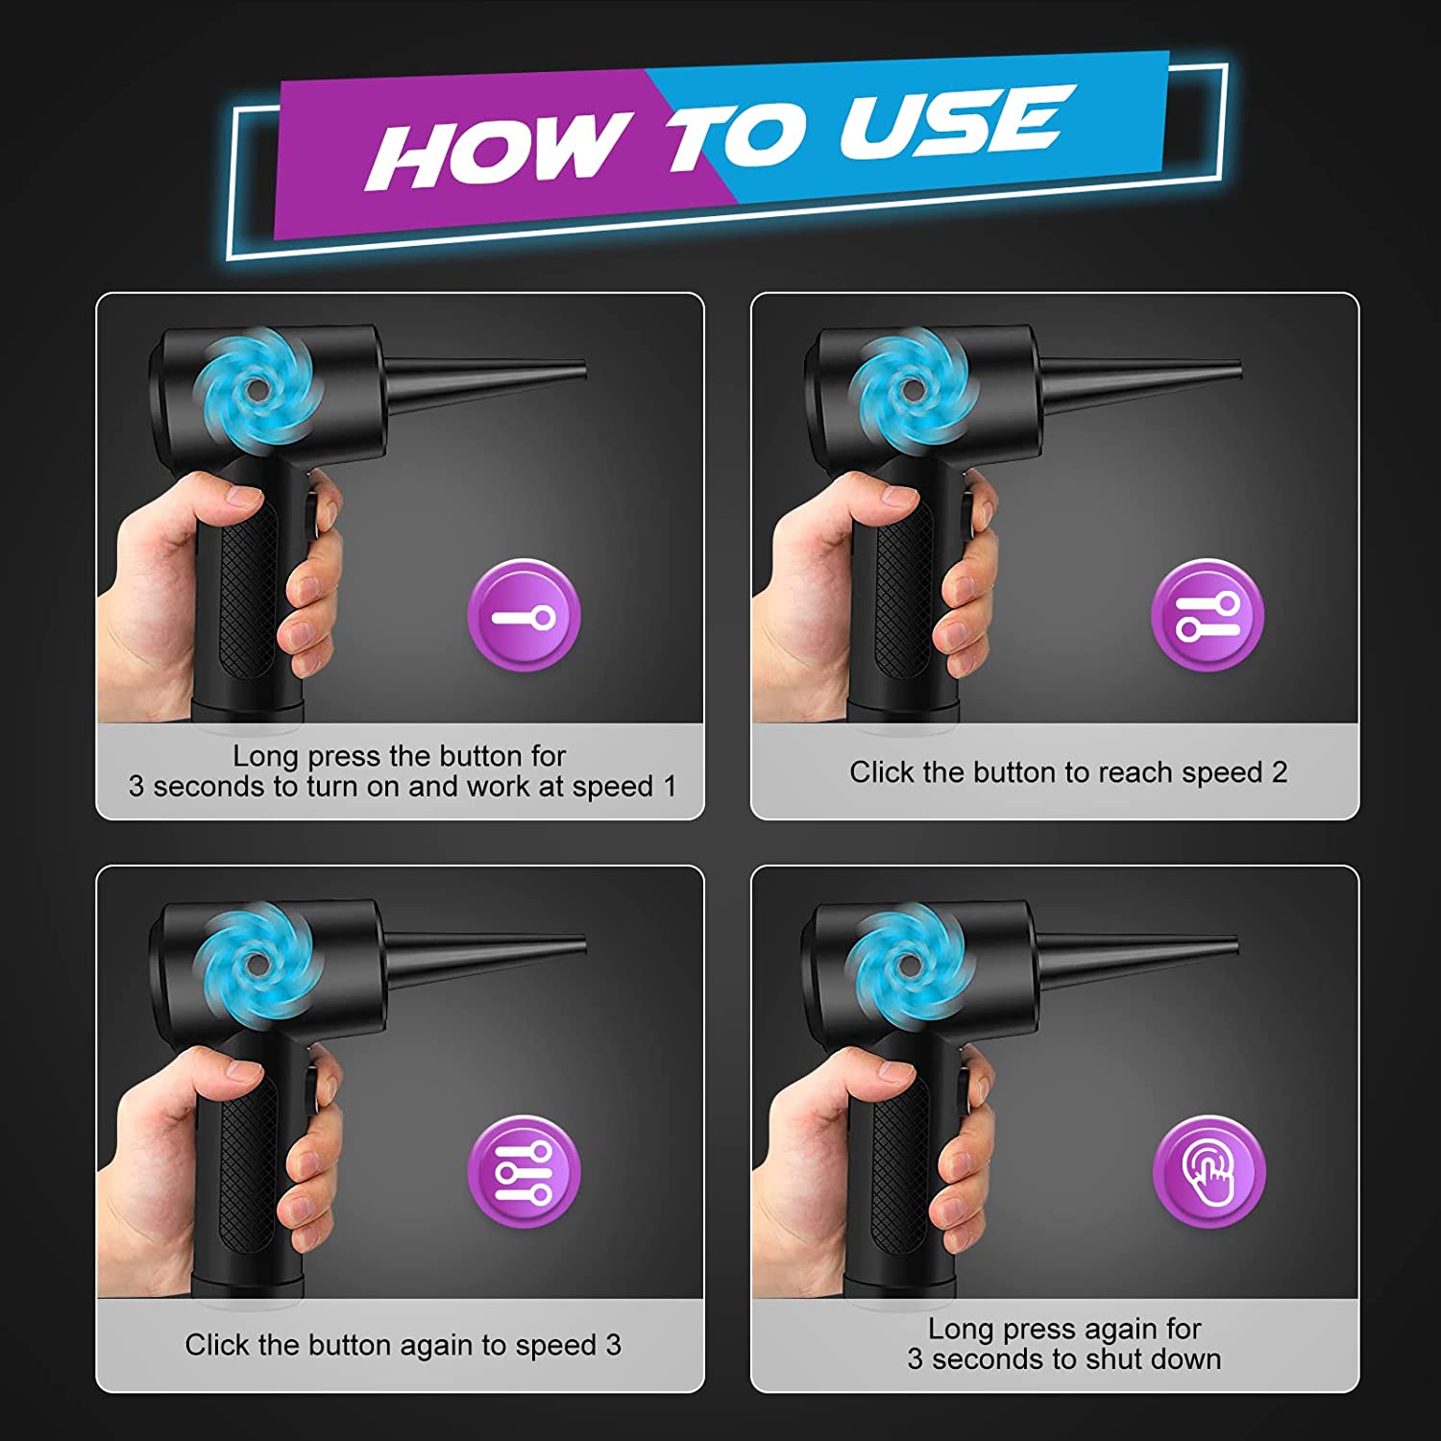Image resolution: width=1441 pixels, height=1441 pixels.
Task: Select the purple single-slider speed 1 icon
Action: coord(525,615)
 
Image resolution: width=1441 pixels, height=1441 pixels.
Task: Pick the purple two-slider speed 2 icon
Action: coord(1208,615)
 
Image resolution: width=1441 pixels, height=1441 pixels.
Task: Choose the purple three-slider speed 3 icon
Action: coord(525,1172)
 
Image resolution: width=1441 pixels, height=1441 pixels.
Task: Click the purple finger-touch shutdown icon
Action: coord(1209,1171)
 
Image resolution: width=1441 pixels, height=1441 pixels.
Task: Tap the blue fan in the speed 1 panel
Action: coord(256,388)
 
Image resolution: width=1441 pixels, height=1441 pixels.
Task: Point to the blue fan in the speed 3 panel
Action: coord(257,964)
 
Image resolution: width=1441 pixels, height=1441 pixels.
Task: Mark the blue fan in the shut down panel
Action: coord(909,964)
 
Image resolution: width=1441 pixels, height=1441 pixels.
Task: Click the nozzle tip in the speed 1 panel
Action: coord(583,370)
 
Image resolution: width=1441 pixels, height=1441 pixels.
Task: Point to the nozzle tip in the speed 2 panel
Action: coord(1238,369)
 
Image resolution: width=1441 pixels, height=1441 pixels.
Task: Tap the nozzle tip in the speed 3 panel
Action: coord(583,944)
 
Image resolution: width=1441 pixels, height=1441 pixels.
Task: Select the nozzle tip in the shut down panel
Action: coord(1234,944)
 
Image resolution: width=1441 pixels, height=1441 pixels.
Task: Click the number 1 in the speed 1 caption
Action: coord(671,786)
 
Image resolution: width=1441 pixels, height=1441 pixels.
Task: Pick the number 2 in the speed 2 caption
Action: coord(1279,772)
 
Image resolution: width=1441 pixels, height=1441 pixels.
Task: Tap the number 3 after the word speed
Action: coord(613,1345)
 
